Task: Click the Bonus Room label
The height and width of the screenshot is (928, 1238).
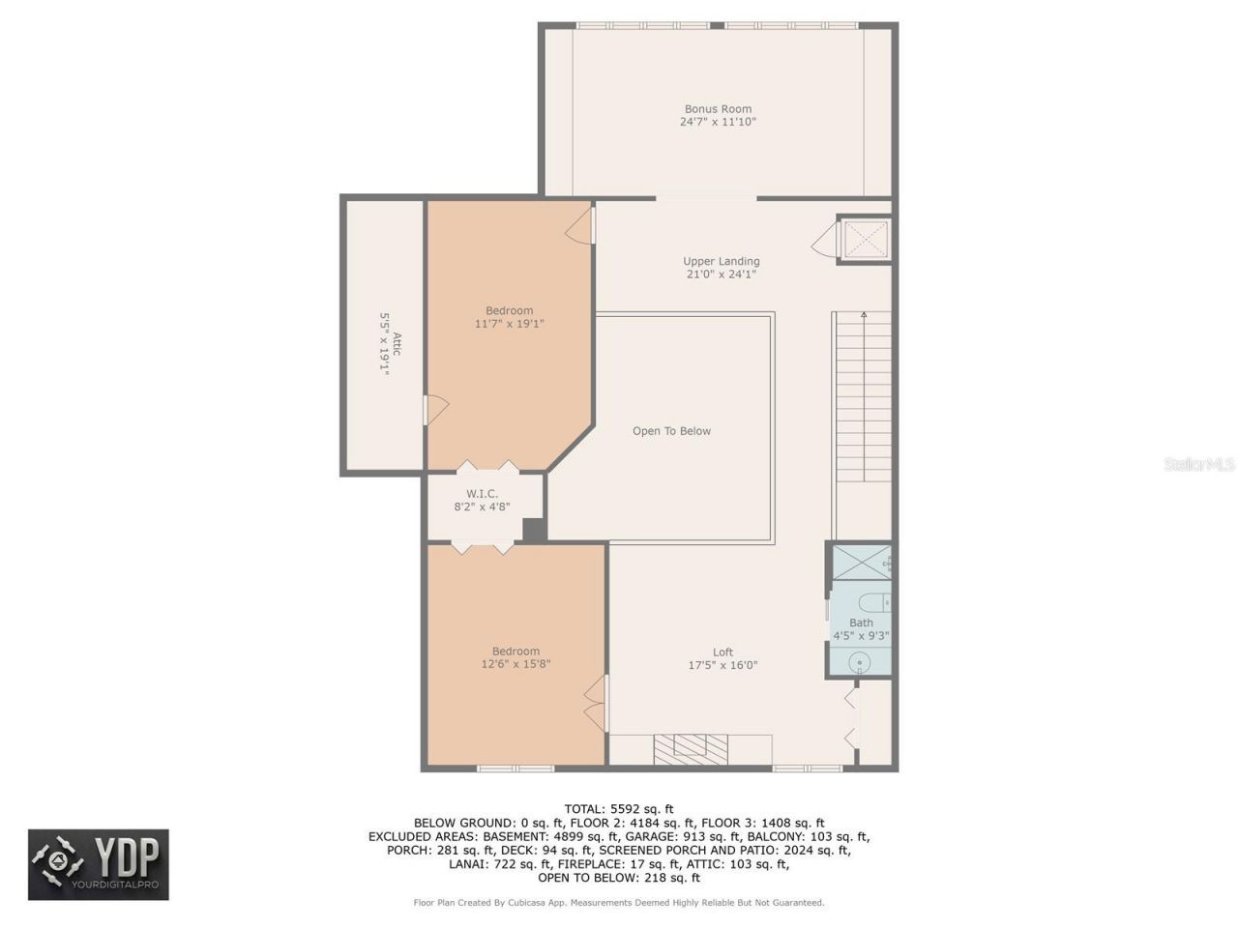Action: pos(718,109)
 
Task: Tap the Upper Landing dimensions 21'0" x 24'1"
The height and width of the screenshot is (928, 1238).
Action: pos(721,275)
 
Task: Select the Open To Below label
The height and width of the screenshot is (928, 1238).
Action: pos(671,431)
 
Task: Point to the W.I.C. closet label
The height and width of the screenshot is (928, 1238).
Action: pos(482,494)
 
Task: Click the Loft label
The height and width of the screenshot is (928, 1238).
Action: pos(722,652)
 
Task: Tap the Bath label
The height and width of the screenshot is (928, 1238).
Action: pos(861,623)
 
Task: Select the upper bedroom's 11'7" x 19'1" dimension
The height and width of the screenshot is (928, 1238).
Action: pos(509,324)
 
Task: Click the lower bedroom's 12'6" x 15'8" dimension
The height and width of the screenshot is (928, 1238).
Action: pos(516,664)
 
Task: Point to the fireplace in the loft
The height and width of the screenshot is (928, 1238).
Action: pos(691,749)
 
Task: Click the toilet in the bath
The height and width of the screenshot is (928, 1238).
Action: pos(873,602)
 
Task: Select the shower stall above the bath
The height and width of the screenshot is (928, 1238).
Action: pos(861,562)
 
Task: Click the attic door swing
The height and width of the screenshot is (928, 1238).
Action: pos(436,410)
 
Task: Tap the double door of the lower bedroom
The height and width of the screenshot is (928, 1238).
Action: pos(596,702)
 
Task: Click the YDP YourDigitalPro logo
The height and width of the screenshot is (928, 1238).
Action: pos(98,864)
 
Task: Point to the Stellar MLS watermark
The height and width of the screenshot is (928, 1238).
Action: pos(1198,465)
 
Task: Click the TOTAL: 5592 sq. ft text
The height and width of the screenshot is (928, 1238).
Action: pos(619,809)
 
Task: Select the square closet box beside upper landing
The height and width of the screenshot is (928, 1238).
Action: pos(863,240)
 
